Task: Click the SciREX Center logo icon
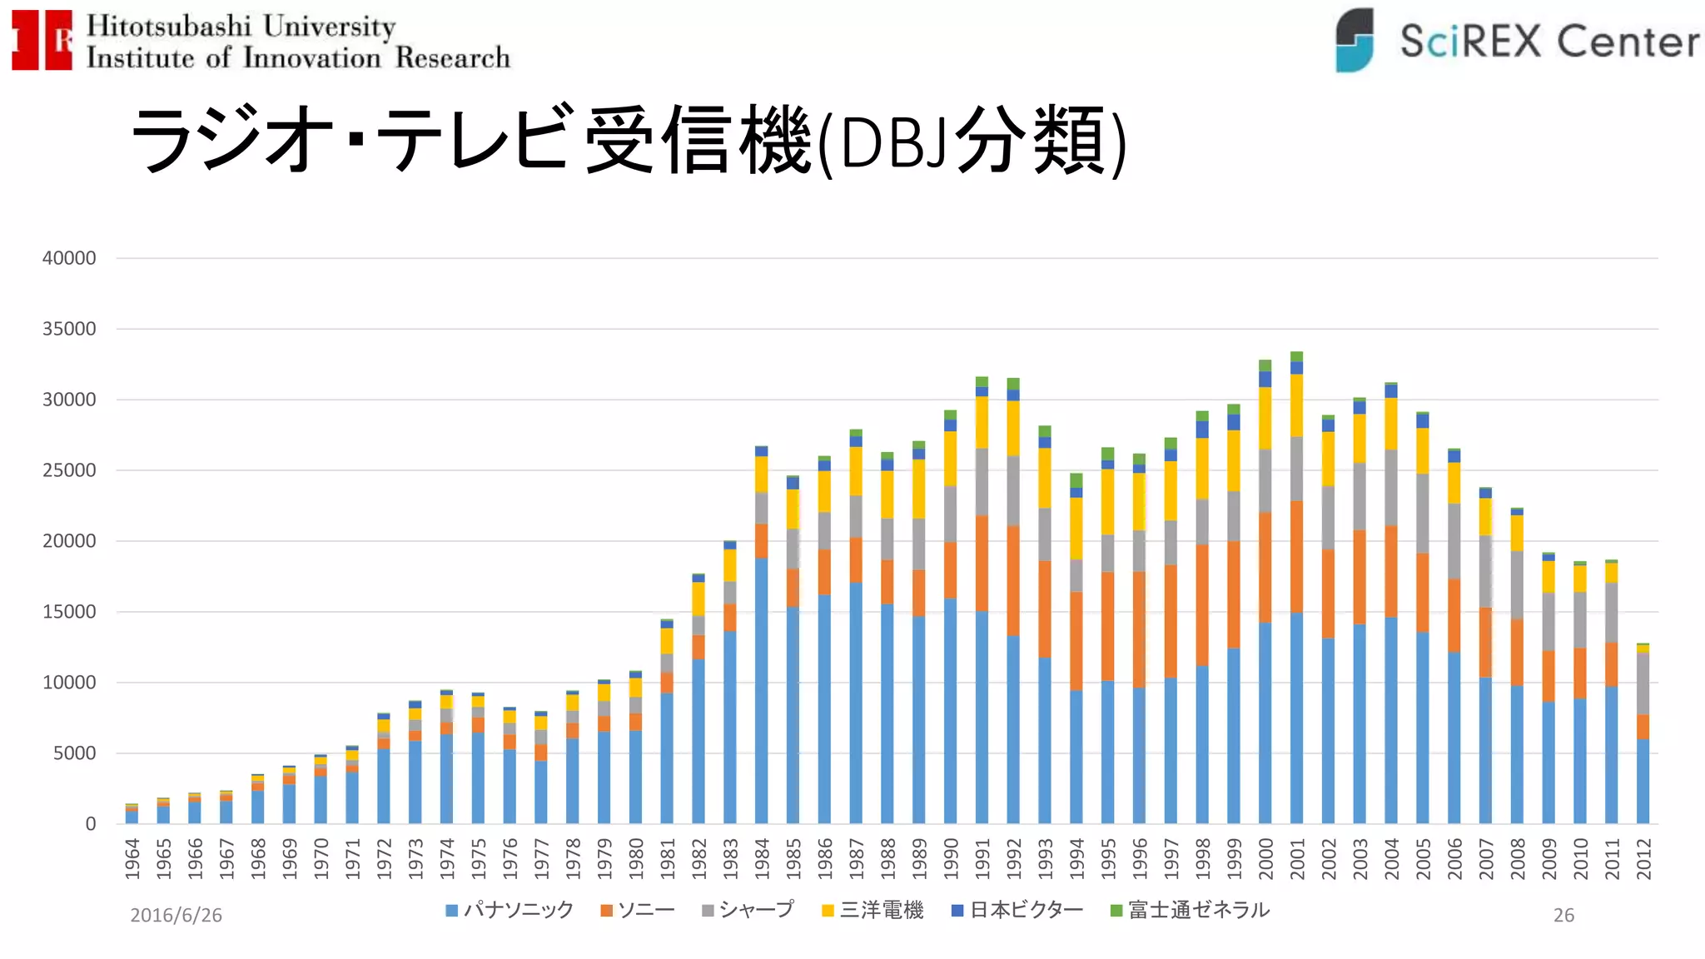(1354, 40)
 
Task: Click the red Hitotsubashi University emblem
(42, 40)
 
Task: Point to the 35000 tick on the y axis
(69, 329)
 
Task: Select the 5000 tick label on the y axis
(74, 753)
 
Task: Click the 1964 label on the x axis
(132, 858)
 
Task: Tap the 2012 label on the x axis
(1643, 858)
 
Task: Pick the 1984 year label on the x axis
(762, 858)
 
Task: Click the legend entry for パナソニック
(510, 910)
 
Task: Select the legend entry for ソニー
(638, 910)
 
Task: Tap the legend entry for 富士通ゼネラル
(1191, 910)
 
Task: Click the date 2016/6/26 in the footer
(176, 915)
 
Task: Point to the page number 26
(1563, 915)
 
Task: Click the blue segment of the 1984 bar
(762, 691)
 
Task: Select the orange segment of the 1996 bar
(1139, 629)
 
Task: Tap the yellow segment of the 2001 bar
(1296, 405)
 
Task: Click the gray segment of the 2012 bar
(1643, 683)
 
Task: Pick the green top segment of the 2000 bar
(1265, 365)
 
